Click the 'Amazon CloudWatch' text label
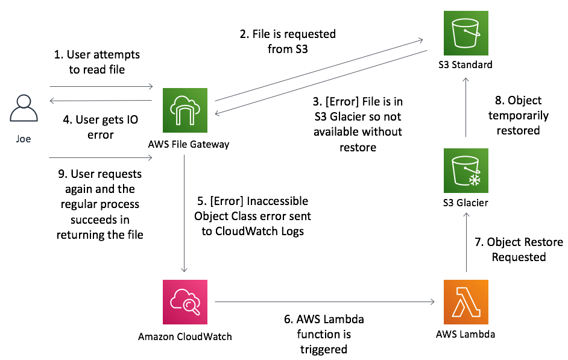185,335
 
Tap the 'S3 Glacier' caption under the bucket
465,203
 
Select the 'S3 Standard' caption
465,65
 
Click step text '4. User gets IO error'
101,127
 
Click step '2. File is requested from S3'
288,42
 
